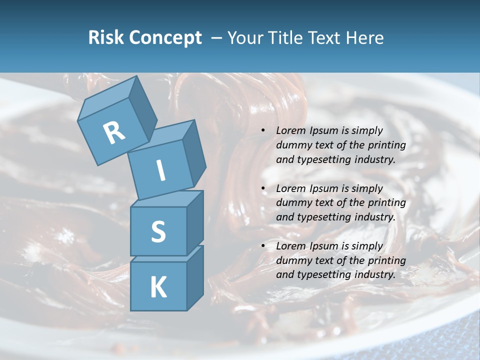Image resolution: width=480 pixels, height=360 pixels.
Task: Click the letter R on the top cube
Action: pyautogui.click(x=114, y=133)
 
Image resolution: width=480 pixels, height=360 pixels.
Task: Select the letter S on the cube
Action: pyautogui.click(x=158, y=231)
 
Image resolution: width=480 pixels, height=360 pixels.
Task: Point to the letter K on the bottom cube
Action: pyautogui.click(x=158, y=287)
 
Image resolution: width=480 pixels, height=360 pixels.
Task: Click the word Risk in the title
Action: pyautogui.click(x=105, y=37)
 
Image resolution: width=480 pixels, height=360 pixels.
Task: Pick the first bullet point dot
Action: pyautogui.click(x=263, y=130)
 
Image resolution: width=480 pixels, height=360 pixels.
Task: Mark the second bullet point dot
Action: pyautogui.click(x=263, y=188)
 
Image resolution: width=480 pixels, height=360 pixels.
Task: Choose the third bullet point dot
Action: pyautogui.click(x=263, y=246)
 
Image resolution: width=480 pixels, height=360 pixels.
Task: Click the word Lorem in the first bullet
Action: pyautogui.click(x=290, y=130)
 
